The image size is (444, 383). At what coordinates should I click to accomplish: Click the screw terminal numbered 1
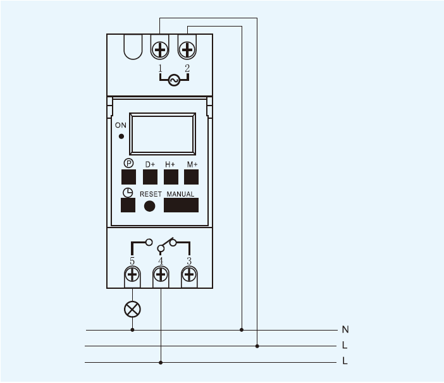click(x=160, y=50)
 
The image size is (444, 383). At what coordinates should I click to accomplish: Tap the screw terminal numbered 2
click(x=187, y=50)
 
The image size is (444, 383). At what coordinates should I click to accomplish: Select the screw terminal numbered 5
click(x=132, y=275)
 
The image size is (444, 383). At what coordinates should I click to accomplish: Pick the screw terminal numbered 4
click(x=161, y=275)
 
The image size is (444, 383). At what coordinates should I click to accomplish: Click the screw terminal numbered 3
click(x=189, y=275)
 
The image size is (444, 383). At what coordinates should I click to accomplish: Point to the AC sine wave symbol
click(x=174, y=80)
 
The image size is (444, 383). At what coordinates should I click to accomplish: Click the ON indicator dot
click(x=121, y=137)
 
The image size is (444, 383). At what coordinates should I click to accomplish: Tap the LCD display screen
click(x=163, y=133)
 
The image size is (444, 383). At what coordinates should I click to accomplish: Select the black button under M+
click(x=191, y=177)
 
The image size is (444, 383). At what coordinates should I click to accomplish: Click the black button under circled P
click(x=128, y=177)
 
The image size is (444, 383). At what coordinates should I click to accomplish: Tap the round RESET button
click(x=149, y=206)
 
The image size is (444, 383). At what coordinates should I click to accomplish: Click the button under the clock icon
click(x=128, y=205)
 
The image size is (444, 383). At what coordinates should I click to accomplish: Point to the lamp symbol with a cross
click(x=132, y=309)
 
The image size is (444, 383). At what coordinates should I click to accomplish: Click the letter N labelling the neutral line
click(x=345, y=329)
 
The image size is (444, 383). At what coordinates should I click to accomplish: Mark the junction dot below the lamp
click(x=132, y=330)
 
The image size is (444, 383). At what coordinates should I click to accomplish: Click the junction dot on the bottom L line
click(x=161, y=362)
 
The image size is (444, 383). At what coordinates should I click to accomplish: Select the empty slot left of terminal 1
click(x=133, y=47)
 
